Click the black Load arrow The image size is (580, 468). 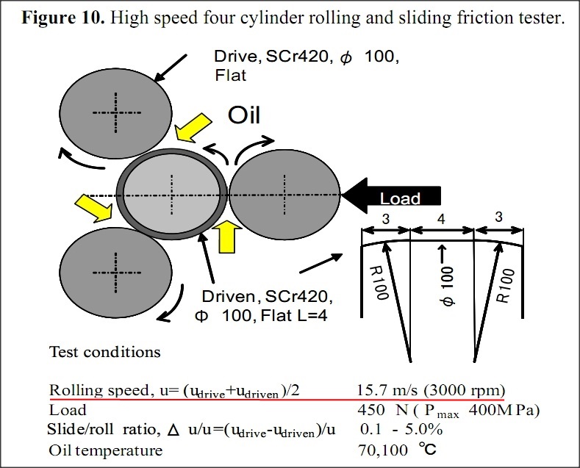[391, 196]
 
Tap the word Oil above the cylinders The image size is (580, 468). [244, 115]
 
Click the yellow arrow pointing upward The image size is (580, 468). [226, 237]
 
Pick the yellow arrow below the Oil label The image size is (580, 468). [193, 128]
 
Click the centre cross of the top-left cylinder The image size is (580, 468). [116, 112]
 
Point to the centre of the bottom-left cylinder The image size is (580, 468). [116, 273]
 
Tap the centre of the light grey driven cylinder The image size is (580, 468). [172, 195]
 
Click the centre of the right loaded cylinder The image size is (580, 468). [284, 195]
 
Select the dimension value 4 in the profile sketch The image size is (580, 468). [441, 219]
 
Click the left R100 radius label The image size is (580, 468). [379, 282]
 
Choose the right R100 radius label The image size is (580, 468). [505, 285]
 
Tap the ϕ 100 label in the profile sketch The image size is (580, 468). [448, 286]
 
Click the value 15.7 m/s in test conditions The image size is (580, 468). [387, 390]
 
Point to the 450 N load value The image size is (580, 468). [383, 410]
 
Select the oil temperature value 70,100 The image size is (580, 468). [383, 450]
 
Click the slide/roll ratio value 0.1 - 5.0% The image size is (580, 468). [401, 430]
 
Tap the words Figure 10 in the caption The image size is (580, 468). [63, 18]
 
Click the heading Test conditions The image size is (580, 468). [105, 352]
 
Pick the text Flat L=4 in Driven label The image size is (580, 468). [294, 316]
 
